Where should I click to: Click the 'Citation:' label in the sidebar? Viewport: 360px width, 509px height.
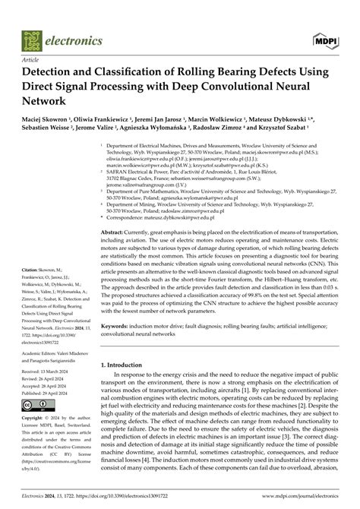point(32,270)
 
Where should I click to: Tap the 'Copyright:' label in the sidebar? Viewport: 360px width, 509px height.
point(35,419)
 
